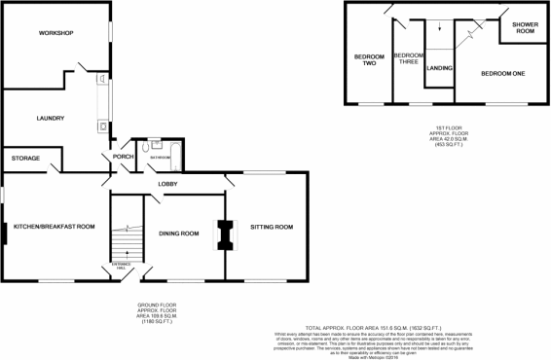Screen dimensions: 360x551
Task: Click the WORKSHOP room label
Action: pos(56,34)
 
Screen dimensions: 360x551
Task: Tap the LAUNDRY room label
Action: pos(50,119)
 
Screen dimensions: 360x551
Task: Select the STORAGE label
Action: pos(25,158)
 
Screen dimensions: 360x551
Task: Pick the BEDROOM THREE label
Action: pos(409,58)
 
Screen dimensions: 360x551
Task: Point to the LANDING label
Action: pos(439,69)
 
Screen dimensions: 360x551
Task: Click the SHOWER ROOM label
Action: pos(526,28)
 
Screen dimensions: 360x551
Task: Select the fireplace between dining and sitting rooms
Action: pos(225,235)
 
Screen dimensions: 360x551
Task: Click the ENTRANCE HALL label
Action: pos(124,264)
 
